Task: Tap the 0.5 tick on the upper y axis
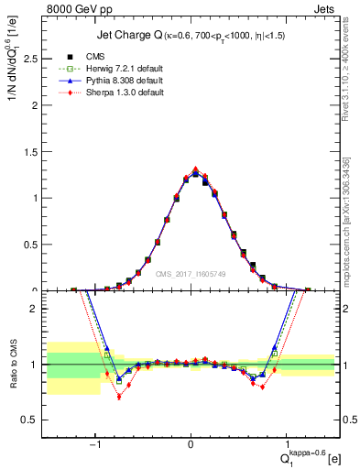pos(36,244)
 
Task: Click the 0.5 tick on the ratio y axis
pos(36,420)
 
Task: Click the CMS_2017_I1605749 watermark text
pos(191,273)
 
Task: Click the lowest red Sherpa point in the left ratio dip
pos(119,396)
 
